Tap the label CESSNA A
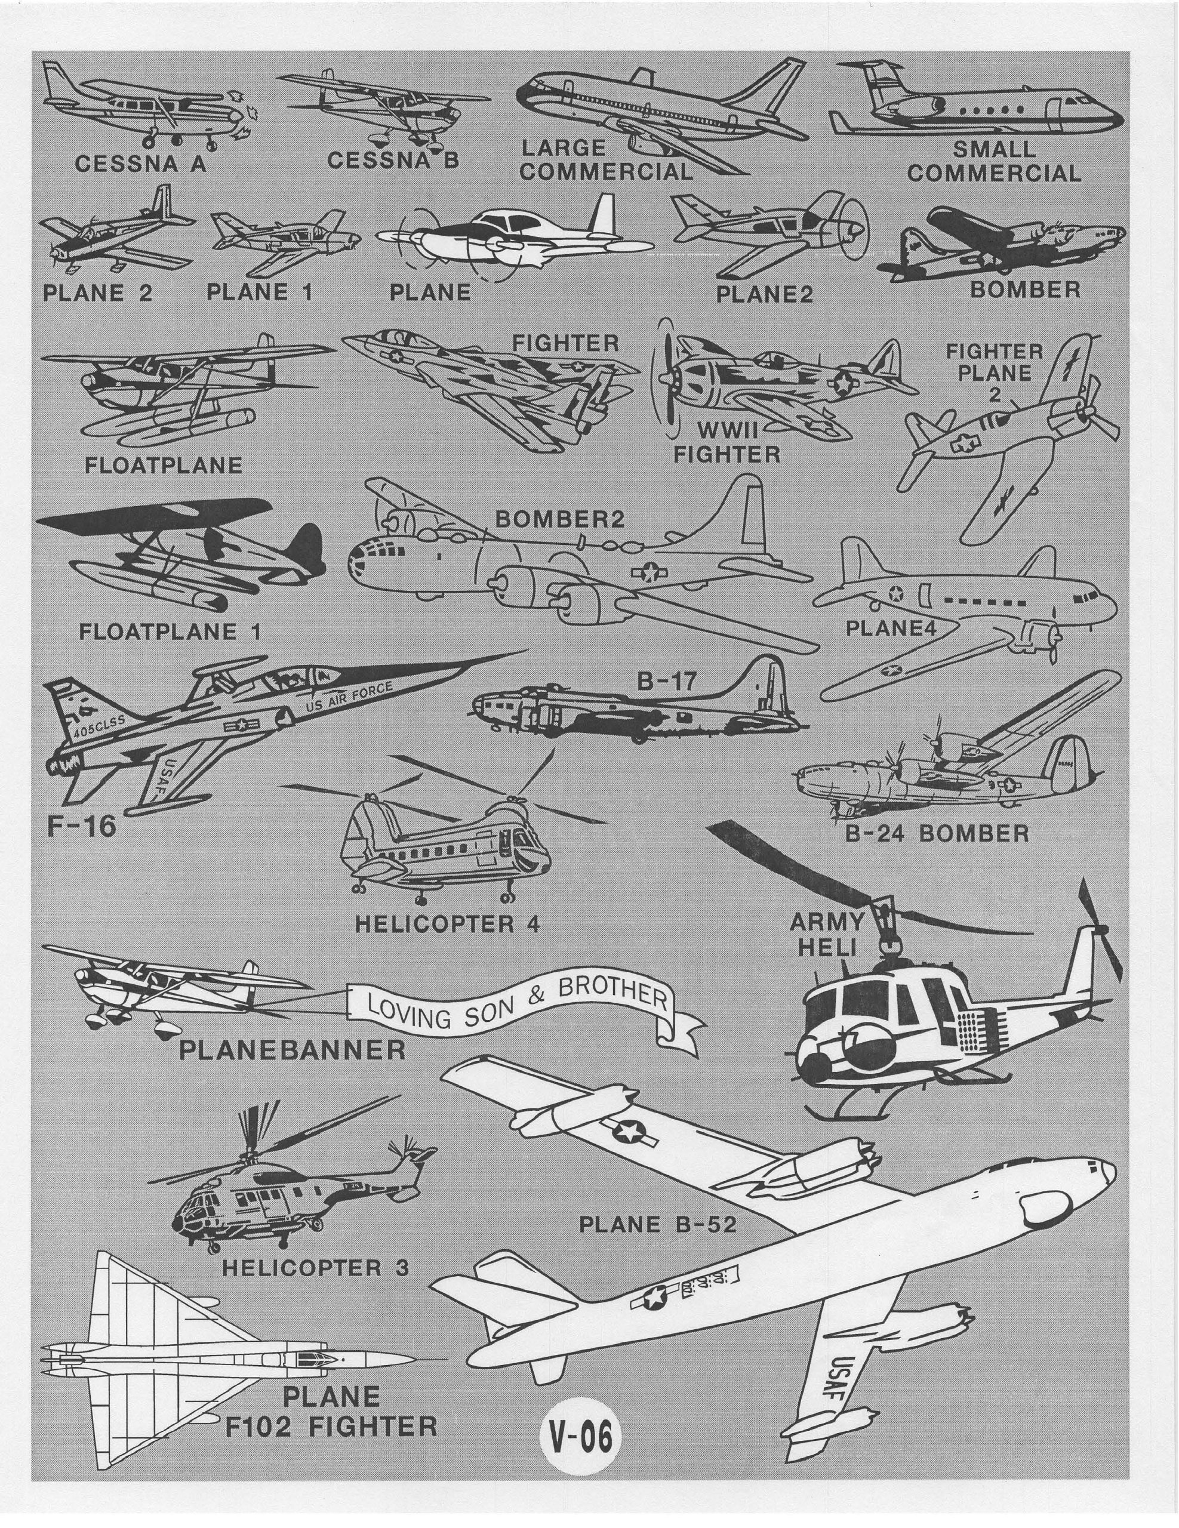pos(141,164)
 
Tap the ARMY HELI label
pos(827,935)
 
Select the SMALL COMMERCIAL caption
pos(993,162)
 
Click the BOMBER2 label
pos(559,519)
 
